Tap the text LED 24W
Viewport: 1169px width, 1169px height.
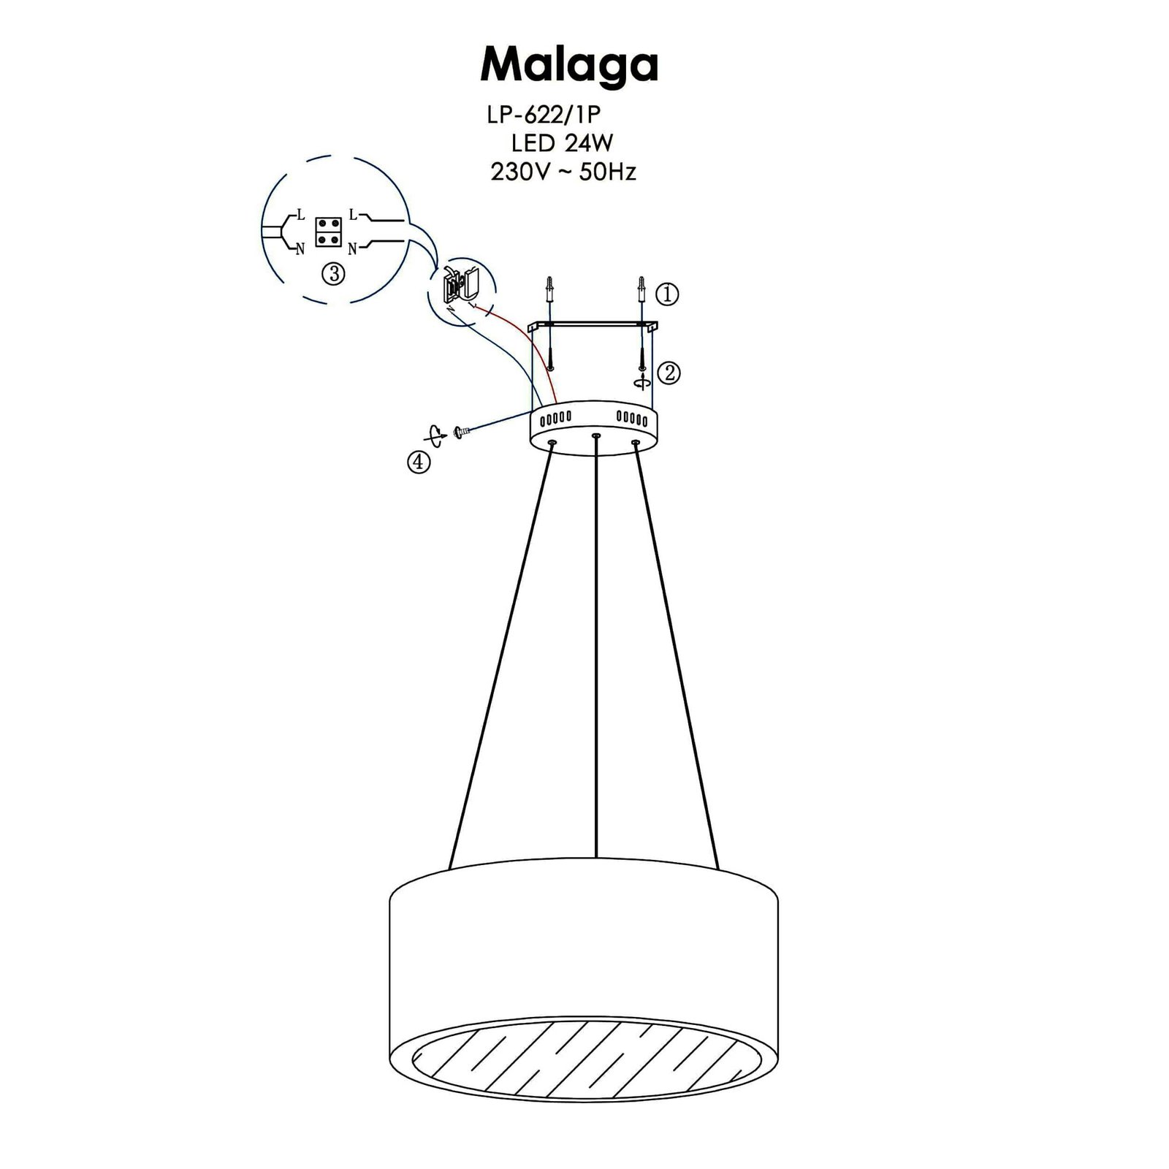point(562,143)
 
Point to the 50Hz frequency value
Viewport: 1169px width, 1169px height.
point(607,172)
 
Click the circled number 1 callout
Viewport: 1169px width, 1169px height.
point(667,294)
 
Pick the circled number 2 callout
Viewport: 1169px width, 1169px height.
point(669,373)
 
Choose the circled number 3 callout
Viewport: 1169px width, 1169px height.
point(333,274)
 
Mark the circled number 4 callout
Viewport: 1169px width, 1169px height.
point(419,462)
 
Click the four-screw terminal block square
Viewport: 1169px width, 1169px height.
point(329,232)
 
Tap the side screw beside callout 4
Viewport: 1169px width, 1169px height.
point(462,433)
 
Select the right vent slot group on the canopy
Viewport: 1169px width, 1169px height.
point(632,419)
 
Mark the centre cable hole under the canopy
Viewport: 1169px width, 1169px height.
point(596,436)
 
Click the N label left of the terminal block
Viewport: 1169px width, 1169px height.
point(300,249)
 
